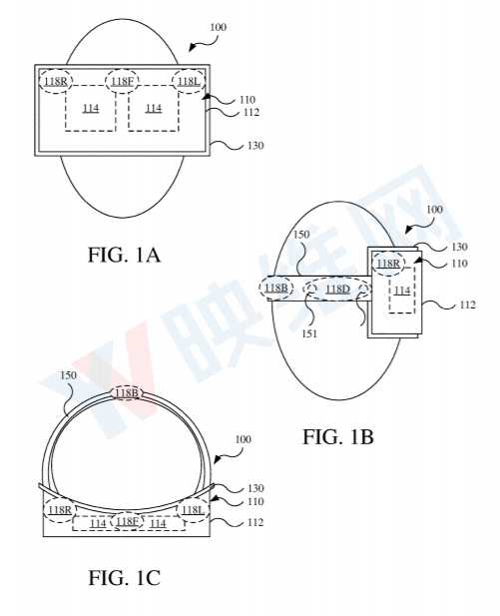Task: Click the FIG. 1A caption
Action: point(124,255)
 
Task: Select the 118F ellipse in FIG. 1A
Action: point(123,81)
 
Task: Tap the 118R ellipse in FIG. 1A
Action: point(57,81)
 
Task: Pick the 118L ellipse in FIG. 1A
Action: point(188,81)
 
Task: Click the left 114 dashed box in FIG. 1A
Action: point(91,108)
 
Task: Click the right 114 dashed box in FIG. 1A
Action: point(154,108)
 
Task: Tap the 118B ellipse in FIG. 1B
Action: point(275,290)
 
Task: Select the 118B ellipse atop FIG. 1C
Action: point(127,393)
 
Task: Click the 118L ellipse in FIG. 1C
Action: point(192,509)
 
